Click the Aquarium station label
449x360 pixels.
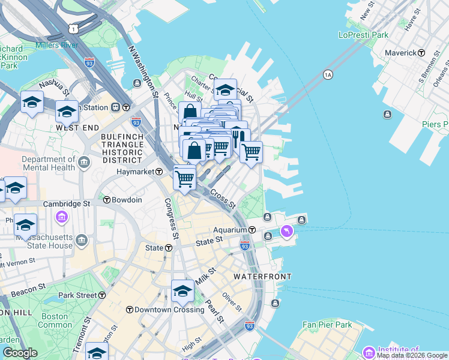(231, 230)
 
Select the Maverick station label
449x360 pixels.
(400, 53)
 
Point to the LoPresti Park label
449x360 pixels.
(364, 35)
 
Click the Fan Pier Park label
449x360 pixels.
(327, 325)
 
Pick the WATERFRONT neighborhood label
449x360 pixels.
(262, 277)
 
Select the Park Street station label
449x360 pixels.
(77, 295)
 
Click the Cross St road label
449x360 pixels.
(223, 200)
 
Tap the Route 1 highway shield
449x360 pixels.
(73, 28)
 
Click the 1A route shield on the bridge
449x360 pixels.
(328, 74)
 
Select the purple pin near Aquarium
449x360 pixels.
(286, 230)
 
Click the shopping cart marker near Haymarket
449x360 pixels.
(184, 177)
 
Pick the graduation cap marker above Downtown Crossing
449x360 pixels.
(182, 291)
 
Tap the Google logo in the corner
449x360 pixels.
(20, 353)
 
